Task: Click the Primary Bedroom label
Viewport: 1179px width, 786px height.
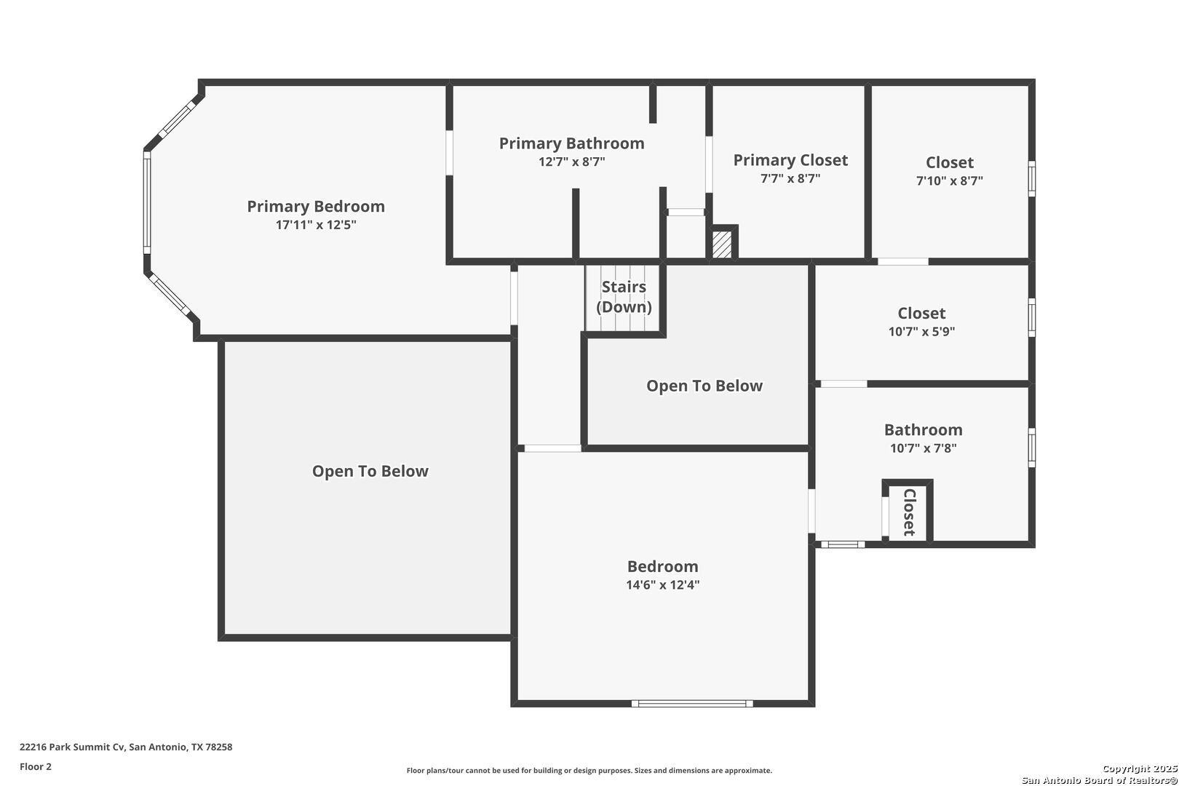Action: point(316,207)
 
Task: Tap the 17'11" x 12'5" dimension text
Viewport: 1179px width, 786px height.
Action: point(316,225)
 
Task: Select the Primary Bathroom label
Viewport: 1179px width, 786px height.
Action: point(571,143)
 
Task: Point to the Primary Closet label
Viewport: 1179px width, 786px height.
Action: point(790,160)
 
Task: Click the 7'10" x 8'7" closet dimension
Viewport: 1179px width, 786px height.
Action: point(949,180)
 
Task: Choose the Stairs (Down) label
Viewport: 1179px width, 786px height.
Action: point(624,297)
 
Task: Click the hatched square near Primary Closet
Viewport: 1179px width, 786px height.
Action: point(722,245)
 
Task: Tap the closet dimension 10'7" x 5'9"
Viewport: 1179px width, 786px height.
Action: point(921,332)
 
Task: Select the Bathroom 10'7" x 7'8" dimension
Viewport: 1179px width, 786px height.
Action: point(923,448)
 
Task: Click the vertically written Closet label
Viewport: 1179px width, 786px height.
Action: point(909,512)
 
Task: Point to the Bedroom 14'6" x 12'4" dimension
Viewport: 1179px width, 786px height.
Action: point(662,585)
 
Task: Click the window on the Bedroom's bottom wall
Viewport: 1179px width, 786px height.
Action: point(691,704)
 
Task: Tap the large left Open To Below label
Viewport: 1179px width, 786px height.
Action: point(370,472)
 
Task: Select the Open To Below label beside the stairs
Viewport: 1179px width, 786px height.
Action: point(704,386)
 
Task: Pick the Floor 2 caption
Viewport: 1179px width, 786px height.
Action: point(36,766)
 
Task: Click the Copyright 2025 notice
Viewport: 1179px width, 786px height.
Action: point(1139,769)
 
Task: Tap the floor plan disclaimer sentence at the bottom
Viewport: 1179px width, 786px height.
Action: point(589,771)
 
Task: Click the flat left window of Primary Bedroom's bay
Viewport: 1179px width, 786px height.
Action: point(146,202)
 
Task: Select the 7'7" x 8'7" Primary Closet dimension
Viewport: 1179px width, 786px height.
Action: point(790,178)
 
